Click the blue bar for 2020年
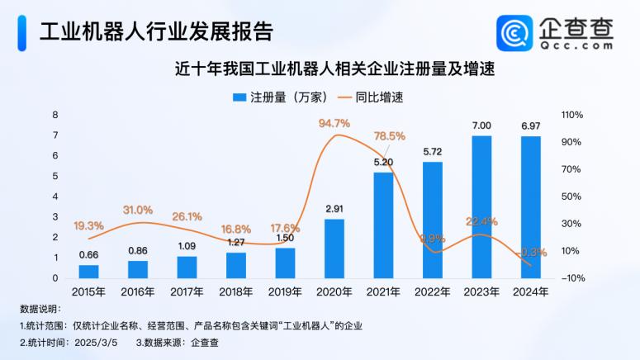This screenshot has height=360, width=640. tap(334, 249)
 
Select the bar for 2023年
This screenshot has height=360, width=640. tap(481, 207)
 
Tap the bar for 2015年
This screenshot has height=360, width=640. tap(88, 271)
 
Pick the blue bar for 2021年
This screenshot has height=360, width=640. tap(383, 225)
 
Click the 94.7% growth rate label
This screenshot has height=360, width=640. tap(334, 124)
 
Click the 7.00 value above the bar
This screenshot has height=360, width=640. tap(481, 126)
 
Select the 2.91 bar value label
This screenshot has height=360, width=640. tap(334, 208)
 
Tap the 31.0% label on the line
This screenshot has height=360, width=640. tap(138, 210)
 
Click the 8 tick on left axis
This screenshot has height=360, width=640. tap(55, 115)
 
